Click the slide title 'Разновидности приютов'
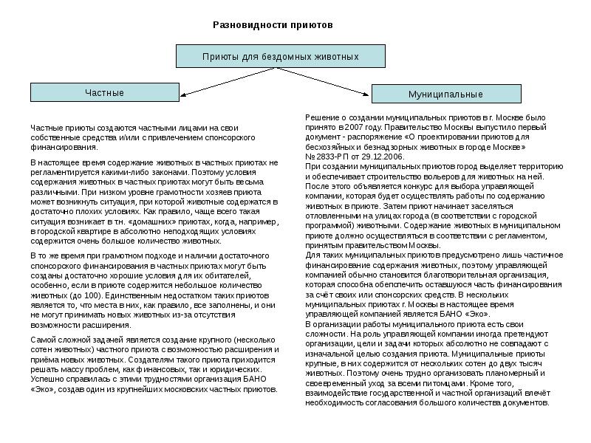273,24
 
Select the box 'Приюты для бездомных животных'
280,56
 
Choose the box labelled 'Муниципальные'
445,95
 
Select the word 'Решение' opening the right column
323,117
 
